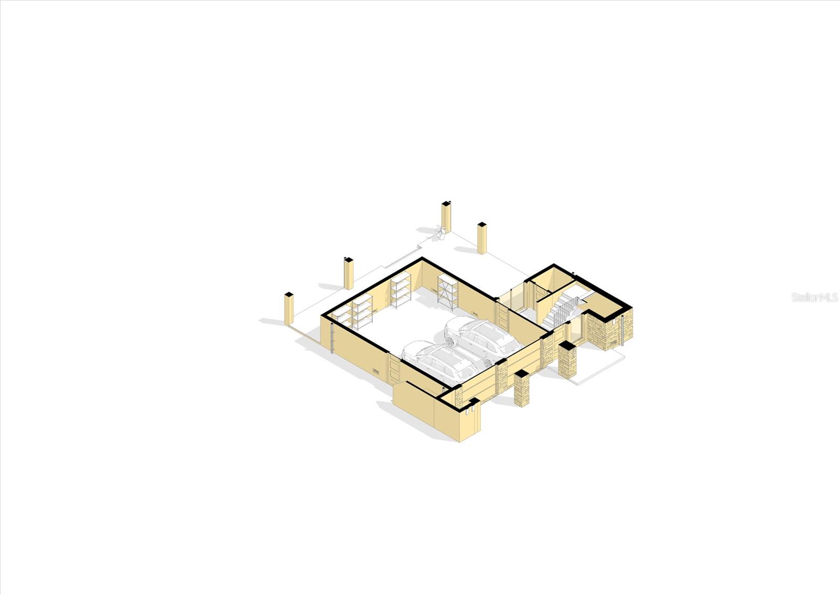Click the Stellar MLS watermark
pos(814,298)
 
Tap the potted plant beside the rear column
pos(439,233)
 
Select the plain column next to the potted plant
pos(446,217)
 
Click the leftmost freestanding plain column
pos(289,309)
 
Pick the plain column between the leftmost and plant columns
pos(349,273)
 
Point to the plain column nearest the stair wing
pos(482,238)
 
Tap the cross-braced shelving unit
pos(448,291)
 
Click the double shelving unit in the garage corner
pos(352,312)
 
